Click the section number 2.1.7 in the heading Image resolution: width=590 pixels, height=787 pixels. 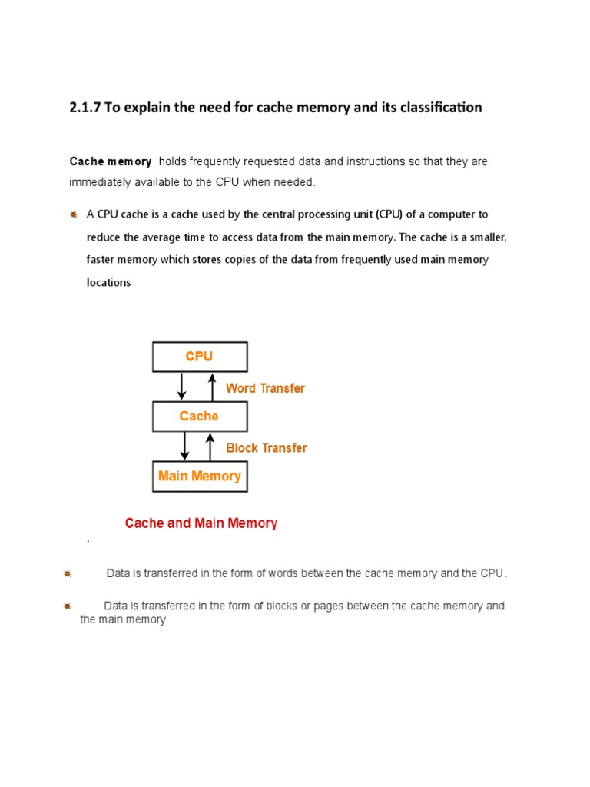85,108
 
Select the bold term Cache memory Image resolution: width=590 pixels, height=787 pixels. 111,161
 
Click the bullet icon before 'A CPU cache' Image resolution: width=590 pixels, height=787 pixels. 74,214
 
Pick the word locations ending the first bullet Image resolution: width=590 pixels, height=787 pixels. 108,282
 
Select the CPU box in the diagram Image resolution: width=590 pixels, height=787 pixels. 200,357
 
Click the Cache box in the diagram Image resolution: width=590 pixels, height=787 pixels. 200,417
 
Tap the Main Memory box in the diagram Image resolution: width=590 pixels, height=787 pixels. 200,477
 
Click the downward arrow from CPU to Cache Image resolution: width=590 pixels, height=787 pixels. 182,387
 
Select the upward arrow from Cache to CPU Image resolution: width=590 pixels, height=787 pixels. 212,387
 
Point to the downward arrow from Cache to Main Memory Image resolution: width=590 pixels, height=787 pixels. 184,447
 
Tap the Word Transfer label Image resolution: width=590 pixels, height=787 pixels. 265,388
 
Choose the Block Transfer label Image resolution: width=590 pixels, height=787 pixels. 266,448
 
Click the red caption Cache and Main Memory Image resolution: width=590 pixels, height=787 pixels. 201,523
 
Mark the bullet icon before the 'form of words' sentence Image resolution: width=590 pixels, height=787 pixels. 68,574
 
